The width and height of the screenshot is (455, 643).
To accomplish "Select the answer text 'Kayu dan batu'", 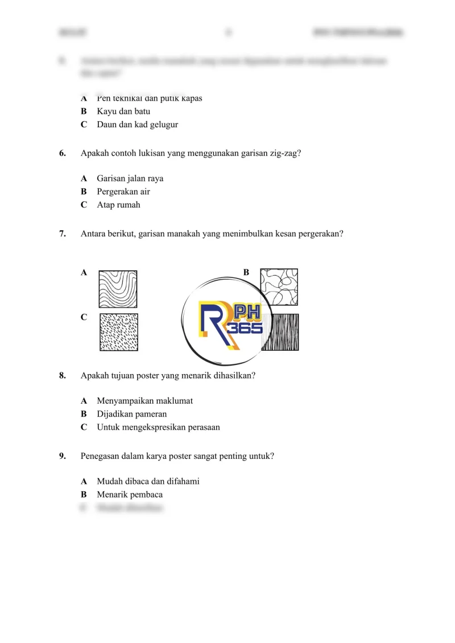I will (123, 111).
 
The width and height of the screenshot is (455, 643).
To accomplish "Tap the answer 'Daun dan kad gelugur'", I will (137, 125).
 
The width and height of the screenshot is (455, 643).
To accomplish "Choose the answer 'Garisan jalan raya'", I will (130, 179).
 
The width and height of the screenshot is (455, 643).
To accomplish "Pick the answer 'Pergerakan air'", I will (123, 192).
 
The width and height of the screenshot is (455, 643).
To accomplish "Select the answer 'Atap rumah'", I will (118, 205).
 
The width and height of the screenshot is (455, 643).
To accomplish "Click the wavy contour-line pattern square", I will (118, 289).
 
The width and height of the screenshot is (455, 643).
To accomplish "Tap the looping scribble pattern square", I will (279, 287).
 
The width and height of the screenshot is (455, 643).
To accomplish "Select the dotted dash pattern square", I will (118, 333).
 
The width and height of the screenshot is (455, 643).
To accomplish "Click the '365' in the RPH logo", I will (245, 328).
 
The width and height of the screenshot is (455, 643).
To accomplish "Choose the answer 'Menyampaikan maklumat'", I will (144, 401).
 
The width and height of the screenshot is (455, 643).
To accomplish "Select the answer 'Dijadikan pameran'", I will (131, 414).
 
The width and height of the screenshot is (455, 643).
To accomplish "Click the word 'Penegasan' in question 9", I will (100, 456).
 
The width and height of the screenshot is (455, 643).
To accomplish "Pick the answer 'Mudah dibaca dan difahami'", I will (148, 482).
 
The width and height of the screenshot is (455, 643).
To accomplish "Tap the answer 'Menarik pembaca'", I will (130, 495).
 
